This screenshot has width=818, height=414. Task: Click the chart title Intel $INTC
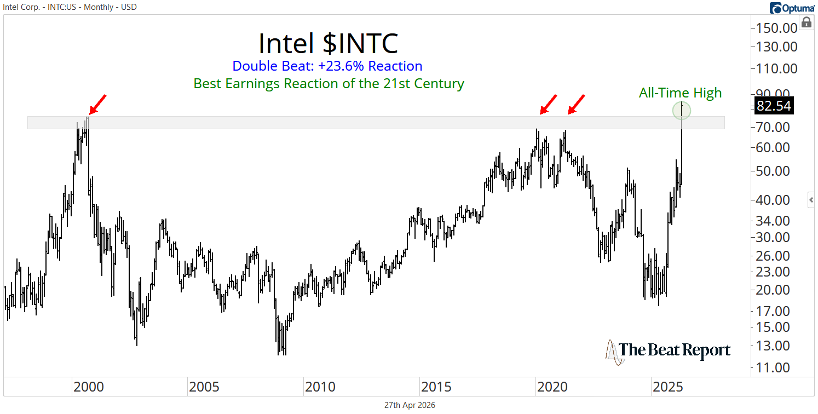tap(328, 43)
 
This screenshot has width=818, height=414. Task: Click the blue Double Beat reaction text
tap(327, 66)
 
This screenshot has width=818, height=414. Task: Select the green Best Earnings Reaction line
tap(329, 84)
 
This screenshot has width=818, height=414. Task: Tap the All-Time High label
tap(680, 93)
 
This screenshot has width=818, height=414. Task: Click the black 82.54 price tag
tap(773, 106)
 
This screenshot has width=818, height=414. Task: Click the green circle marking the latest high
tap(681, 111)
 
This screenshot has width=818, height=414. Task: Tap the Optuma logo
tap(792, 8)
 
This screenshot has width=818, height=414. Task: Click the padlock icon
tap(806, 22)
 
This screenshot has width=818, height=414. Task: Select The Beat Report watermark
tap(668, 351)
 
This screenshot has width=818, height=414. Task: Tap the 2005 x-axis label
tap(204, 388)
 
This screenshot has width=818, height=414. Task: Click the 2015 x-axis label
tap(436, 388)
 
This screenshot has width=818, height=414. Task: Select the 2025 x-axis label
tap(667, 388)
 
